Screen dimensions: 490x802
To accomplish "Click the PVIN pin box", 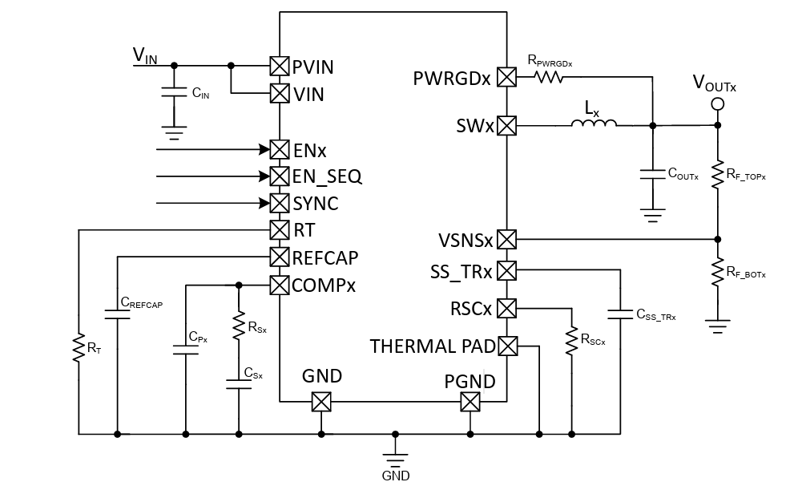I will pyautogui.click(x=279, y=67).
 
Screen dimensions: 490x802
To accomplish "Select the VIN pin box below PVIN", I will pyautogui.click(x=279, y=93).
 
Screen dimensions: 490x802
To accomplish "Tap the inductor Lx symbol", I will pyautogui.click(x=594, y=125).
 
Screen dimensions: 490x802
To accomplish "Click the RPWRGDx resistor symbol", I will pyautogui.click(x=549, y=77).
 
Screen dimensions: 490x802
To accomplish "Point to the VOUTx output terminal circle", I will pyautogui.click(x=718, y=103).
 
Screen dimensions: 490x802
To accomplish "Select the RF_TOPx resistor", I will pyautogui.click(x=718, y=174).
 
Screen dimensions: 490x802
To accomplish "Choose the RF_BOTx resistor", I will pyautogui.click(x=718, y=273).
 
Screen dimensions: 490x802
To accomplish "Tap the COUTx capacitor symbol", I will pyautogui.click(x=653, y=172).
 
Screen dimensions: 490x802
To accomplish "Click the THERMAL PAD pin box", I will pyautogui.click(x=507, y=346).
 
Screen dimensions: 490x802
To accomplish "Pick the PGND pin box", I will pyautogui.click(x=470, y=402).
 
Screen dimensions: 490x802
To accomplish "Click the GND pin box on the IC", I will pyautogui.click(x=321, y=402).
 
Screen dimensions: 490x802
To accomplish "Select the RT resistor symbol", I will pyautogui.click(x=79, y=349).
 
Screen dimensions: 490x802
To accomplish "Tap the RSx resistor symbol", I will pyautogui.click(x=238, y=326).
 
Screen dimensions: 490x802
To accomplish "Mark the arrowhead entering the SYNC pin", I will pyautogui.click(x=264, y=203).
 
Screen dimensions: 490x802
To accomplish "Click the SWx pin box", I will pyautogui.click(x=507, y=126).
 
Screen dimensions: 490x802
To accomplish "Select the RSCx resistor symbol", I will pyautogui.click(x=571, y=341).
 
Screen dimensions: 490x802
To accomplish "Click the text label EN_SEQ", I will pyautogui.click(x=328, y=176).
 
